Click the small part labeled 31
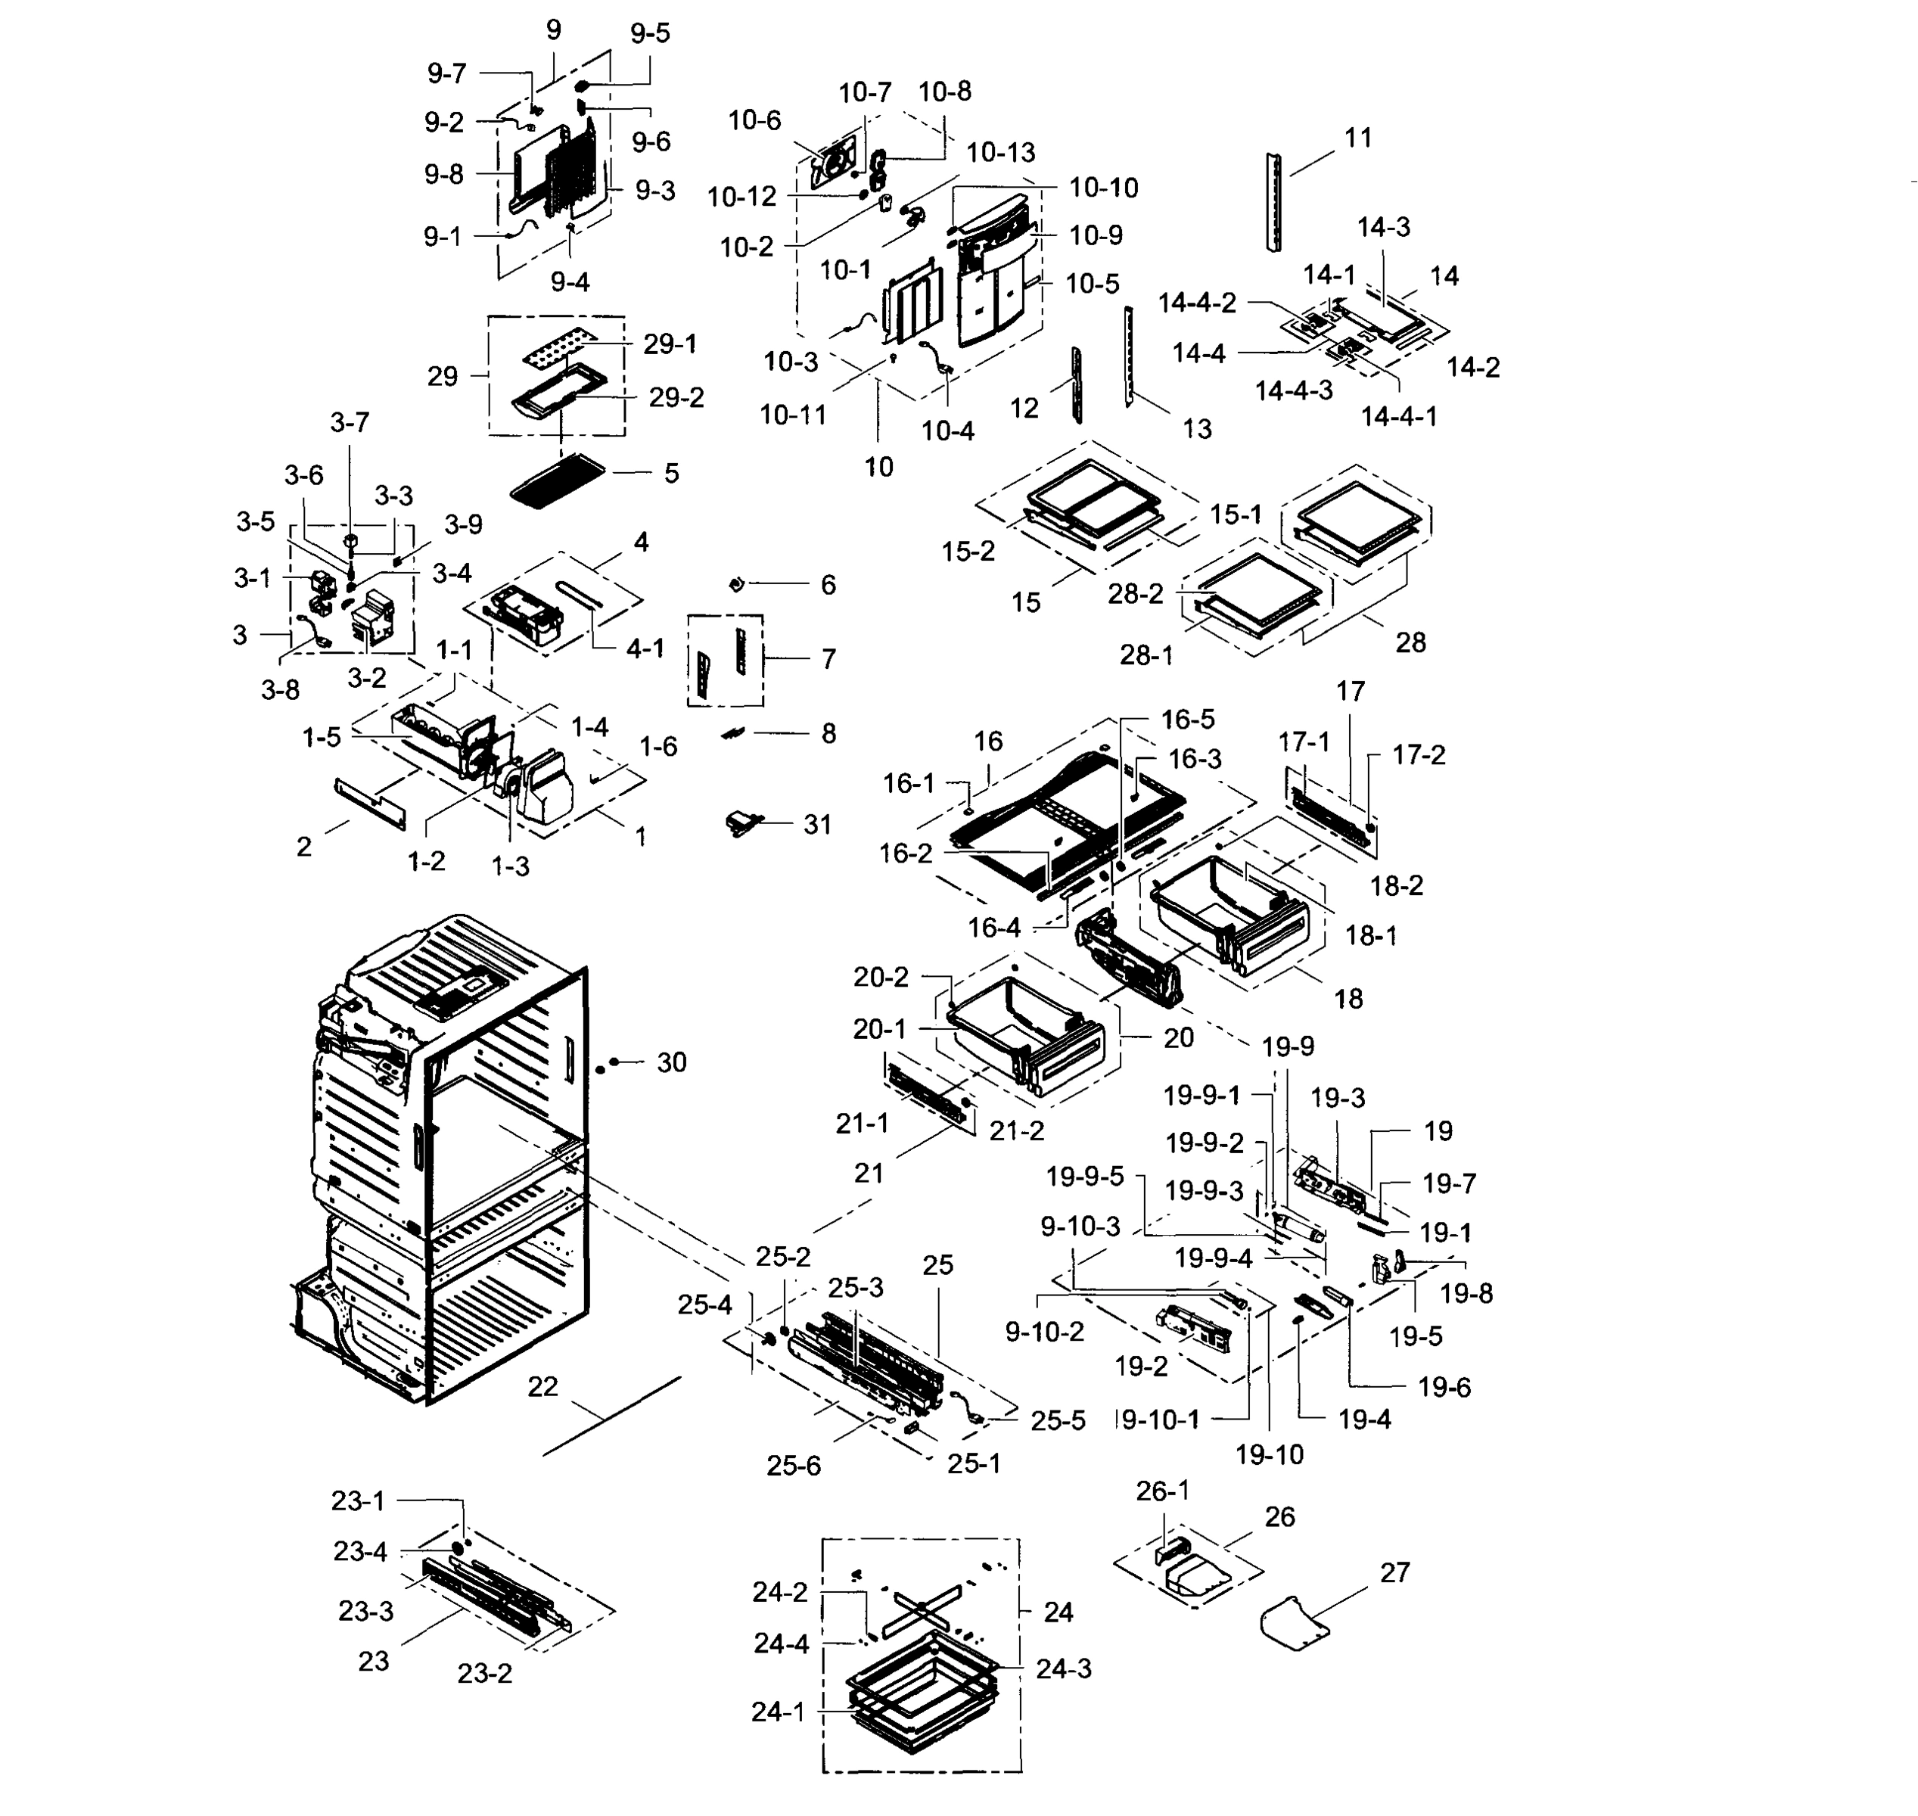[742, 824]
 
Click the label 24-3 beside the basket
[1064, 1669]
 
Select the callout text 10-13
[1000, 153]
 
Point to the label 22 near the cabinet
[543, 1387]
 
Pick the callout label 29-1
[670, 344]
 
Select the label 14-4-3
[1294, 390]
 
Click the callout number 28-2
[1135, 593]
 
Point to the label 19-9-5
[1085, 1177]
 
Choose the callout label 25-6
[794, 1466]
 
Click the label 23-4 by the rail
[360, 1552]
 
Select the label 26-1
[1162, 1491]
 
